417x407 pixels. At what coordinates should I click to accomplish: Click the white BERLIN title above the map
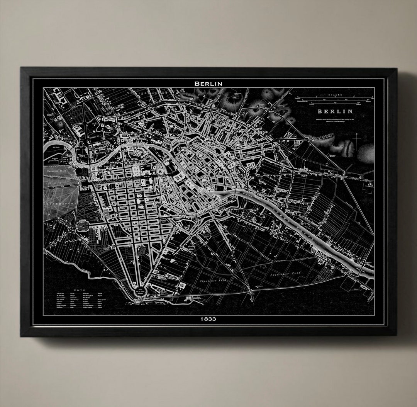(208, 83)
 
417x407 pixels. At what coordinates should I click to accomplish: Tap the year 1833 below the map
(208, 319)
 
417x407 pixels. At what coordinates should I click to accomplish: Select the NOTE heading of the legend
(79, 289)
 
